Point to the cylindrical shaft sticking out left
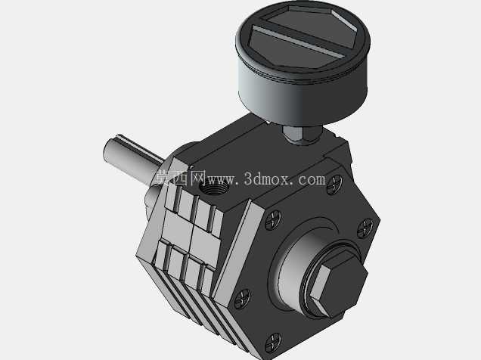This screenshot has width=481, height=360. tap(132, 160)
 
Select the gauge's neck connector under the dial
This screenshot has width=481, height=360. tap(303, 135)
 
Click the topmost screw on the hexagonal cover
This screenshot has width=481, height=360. tap(334, 185)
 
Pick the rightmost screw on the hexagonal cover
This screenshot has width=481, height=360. tap(365, 228)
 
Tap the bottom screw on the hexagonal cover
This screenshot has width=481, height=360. tap(273, 343)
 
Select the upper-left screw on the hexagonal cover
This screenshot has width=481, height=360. tap(272, 220)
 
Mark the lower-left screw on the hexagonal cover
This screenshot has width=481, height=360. tap(242, 299)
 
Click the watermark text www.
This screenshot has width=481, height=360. tap(222, 179)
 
